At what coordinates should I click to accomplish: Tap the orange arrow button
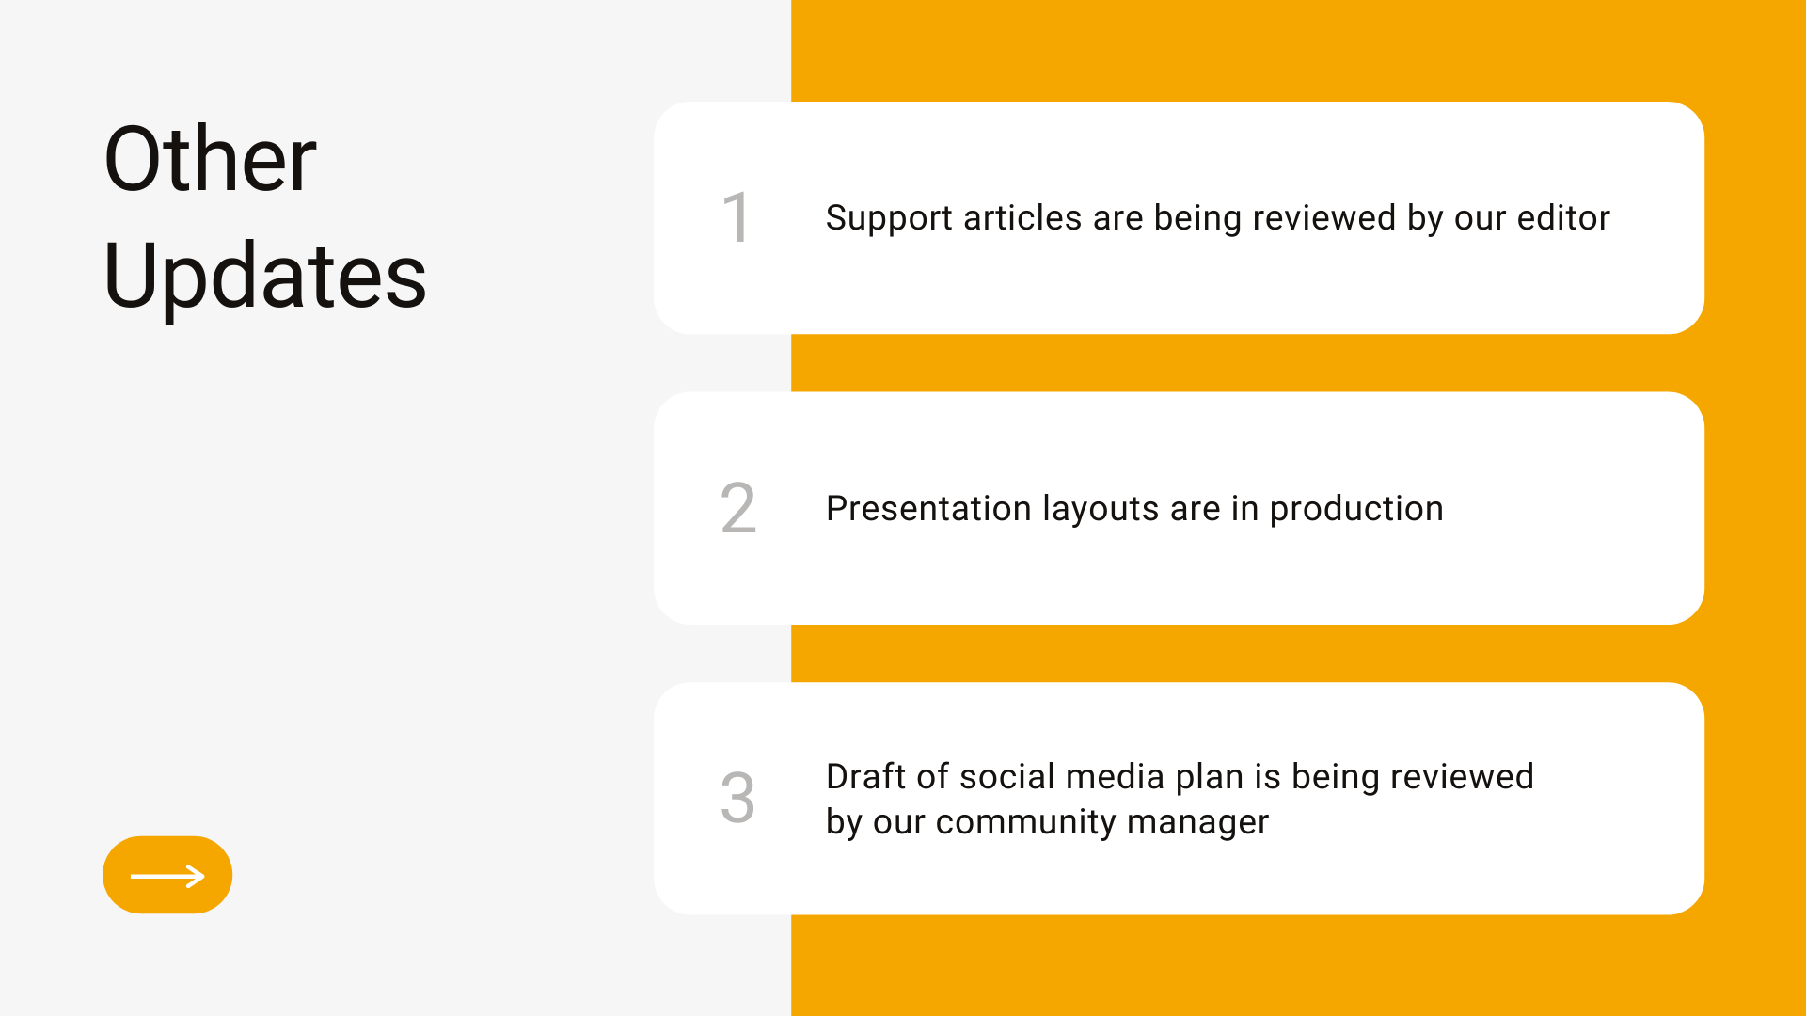[167, 875]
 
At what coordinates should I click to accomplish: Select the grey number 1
[736, 217]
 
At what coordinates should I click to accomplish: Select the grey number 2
[738, 508]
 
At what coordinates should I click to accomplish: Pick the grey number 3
[738, 798]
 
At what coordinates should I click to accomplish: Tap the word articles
[1022, 217]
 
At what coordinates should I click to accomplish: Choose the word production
[1356, 510]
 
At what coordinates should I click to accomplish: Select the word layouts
[1101, 510]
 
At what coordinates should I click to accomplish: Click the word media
[1116, 776]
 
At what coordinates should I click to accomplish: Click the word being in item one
[1197, 219]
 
